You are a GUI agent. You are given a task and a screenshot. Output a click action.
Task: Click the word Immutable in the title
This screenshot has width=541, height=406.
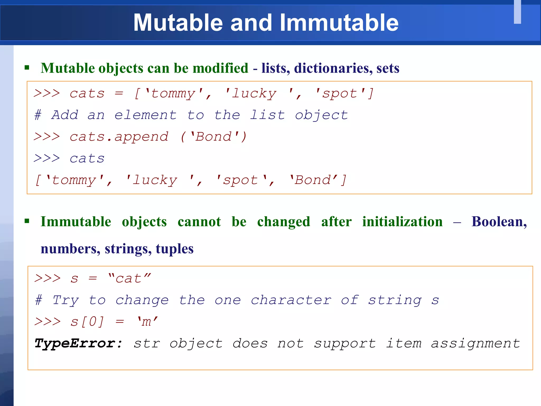click(x=339, y=23)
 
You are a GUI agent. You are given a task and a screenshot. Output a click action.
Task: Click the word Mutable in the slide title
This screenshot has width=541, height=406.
click(x=178, y=23)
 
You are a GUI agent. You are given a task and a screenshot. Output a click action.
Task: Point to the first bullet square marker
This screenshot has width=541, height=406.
click(x=27, y=68)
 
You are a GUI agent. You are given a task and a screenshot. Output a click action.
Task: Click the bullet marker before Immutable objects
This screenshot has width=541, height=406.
click(x=27, y=221)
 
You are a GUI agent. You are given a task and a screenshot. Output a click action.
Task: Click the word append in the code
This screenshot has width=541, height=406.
click(x=141, y=137)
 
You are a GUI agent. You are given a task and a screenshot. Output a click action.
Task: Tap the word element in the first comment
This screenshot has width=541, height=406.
click(x=146, y=115)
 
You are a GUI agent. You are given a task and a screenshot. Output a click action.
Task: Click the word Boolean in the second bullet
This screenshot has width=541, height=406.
click(x=499, y=222)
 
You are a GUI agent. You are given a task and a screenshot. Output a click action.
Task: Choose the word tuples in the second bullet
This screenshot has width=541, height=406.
click(x=174, y=249)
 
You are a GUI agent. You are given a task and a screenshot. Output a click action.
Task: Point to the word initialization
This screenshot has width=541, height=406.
click(x=402, y=222)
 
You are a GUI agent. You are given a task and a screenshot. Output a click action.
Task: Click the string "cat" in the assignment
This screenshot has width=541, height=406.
click(x=129, y=279)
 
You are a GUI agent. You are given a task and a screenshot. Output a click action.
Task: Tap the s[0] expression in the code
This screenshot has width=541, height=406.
click(x=87, y=322)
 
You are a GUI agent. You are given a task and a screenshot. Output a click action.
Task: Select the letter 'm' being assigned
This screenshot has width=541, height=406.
click(x=147, y=322)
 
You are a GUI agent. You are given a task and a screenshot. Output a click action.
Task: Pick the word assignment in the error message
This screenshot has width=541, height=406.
click(x=475, y=344)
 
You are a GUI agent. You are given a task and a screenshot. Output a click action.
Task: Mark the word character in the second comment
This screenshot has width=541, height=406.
click(x=291, y=300)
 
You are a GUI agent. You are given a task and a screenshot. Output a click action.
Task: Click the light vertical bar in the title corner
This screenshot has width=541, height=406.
click(x=517, y=12)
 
